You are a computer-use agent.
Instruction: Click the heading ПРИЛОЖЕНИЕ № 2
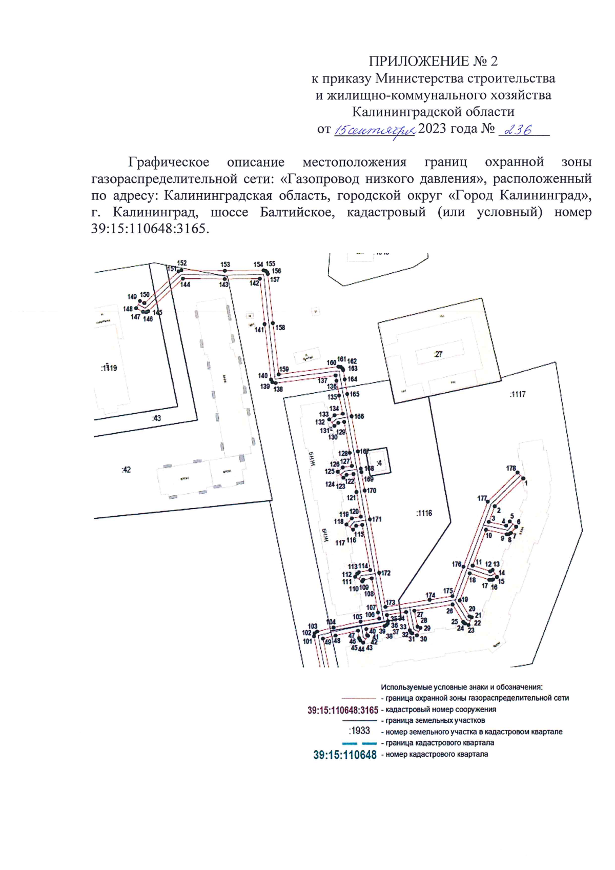pyautogui.click(x=433, y=62)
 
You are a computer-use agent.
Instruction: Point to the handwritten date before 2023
pyautogui.click(x=374, y=131)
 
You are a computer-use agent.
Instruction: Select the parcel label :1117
pyautogui.click(x=518, y=394)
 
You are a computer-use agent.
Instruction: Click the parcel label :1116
pyautogui.click(x=424, y=513)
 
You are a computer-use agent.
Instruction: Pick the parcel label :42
pyautogui.click(x=126, y=470)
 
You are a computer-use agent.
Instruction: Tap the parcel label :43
pyautogui.click(x=156, y=418)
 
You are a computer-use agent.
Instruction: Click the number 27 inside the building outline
pyautogui.click(x=438, y=354)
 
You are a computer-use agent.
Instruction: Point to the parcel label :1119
pyautogui.click(x=109, y=368)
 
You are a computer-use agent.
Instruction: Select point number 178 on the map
pyautogui.click(x=511, y=468)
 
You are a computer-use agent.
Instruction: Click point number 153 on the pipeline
pyautogui.click(x=225, y=265)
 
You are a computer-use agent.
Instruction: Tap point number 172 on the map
pyautogui.click(x=386, y=573)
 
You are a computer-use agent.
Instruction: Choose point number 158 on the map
pyautogui.click(x=280, y=328)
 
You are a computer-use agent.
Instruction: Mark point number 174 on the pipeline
pyautogui.click(x=430, y=596)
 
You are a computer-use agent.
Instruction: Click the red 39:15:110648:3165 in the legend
pyautogui.click(x=342, y=711)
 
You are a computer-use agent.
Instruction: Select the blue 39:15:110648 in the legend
pyautogui.click(x=345, y=755)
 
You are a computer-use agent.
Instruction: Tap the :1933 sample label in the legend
pyautogui.click(x=359, y=731)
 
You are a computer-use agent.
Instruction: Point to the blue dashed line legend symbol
pyautogui.click(x=359, y=743)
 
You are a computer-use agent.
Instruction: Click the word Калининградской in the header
pyautogui.click(x=433, y=112)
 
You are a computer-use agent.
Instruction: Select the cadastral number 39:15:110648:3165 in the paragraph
pyautogui.click(x=149, y=229)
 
